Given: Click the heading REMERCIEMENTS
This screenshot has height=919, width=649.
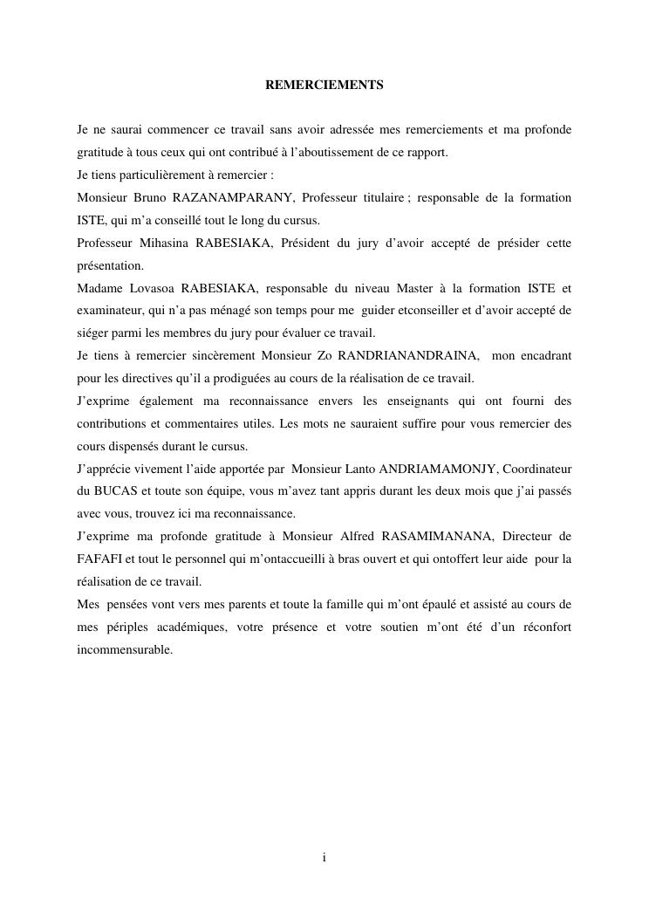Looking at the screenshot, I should click(x=324, y=86).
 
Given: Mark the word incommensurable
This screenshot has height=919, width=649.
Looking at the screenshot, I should click(x=125, y=649).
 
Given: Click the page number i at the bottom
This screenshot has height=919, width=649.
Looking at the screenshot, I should click(x=324, y=858).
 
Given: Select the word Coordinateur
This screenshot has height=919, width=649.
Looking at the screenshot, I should click(x=537, y=469).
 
